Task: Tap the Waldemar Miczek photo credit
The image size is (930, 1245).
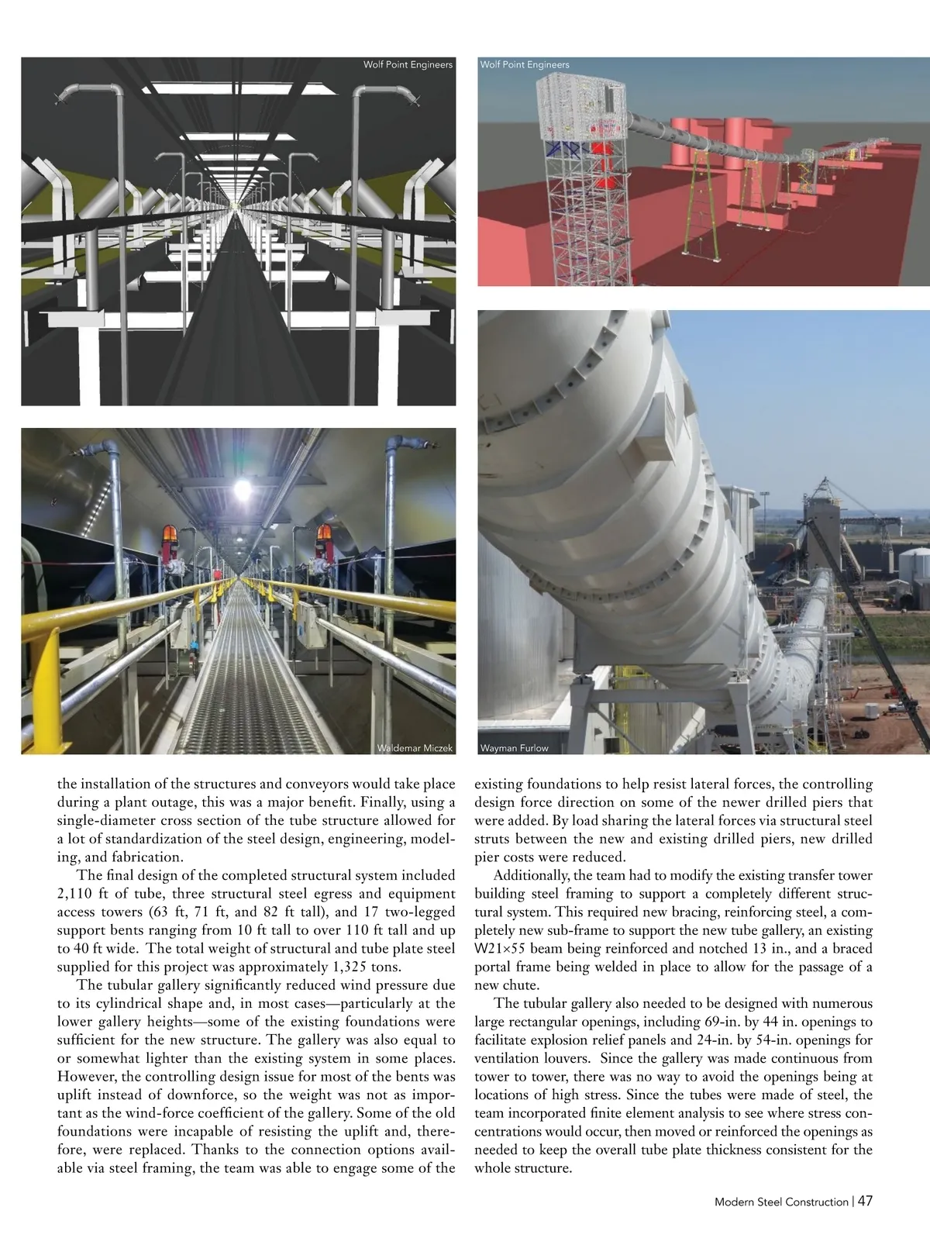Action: click(414, 748)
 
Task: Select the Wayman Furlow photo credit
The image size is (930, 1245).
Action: click(514, 748)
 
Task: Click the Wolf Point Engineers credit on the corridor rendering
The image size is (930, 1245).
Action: click(408, 64)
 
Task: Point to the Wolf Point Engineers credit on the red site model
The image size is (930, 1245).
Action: click(525, 64)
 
